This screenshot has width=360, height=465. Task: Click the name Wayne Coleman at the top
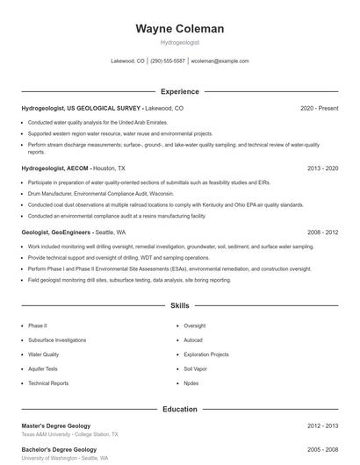(x=179, y=29)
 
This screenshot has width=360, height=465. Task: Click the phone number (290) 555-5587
(x=168, y=61)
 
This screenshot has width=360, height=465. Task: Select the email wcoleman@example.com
(x=220, y=61)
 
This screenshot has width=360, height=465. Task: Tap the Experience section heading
(x=179, y=91)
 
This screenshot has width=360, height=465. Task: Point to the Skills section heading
(x=179, y=306)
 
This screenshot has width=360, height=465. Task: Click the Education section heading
(x=179, y=409)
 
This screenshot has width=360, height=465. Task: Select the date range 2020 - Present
(x=319, y=108)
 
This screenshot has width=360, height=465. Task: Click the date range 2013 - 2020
(x=322, y=168)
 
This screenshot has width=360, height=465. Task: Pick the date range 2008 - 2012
(x=322, y=232)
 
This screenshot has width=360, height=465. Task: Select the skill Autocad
(x=193, y=340)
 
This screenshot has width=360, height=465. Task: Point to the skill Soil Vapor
(x=195, y=369)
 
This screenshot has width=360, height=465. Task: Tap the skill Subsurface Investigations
(x=57, y=340)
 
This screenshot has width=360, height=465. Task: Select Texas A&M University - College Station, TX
(x=70, y=434)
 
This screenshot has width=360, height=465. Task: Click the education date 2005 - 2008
(x=322, y=449)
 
